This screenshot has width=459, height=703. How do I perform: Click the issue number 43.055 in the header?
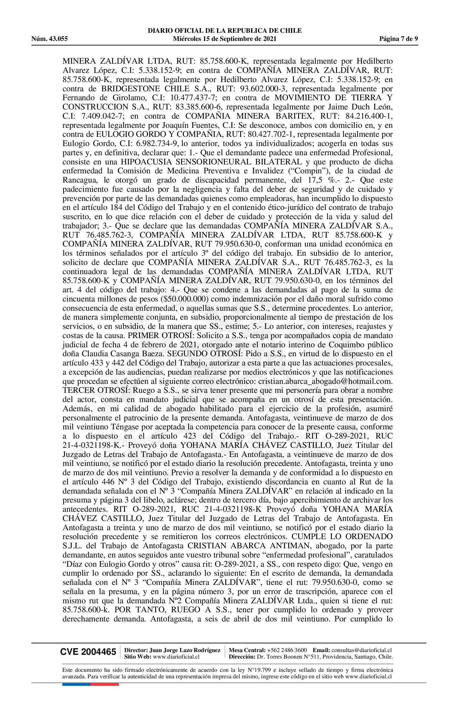pos(59,39)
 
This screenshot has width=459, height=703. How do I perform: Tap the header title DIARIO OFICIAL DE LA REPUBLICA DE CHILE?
pos(224,30)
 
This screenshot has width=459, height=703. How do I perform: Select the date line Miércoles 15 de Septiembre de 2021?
pos(224,39)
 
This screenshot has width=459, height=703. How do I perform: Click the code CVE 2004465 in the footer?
pos(88,652)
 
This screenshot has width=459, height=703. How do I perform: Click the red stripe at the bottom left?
pos(105,676)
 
